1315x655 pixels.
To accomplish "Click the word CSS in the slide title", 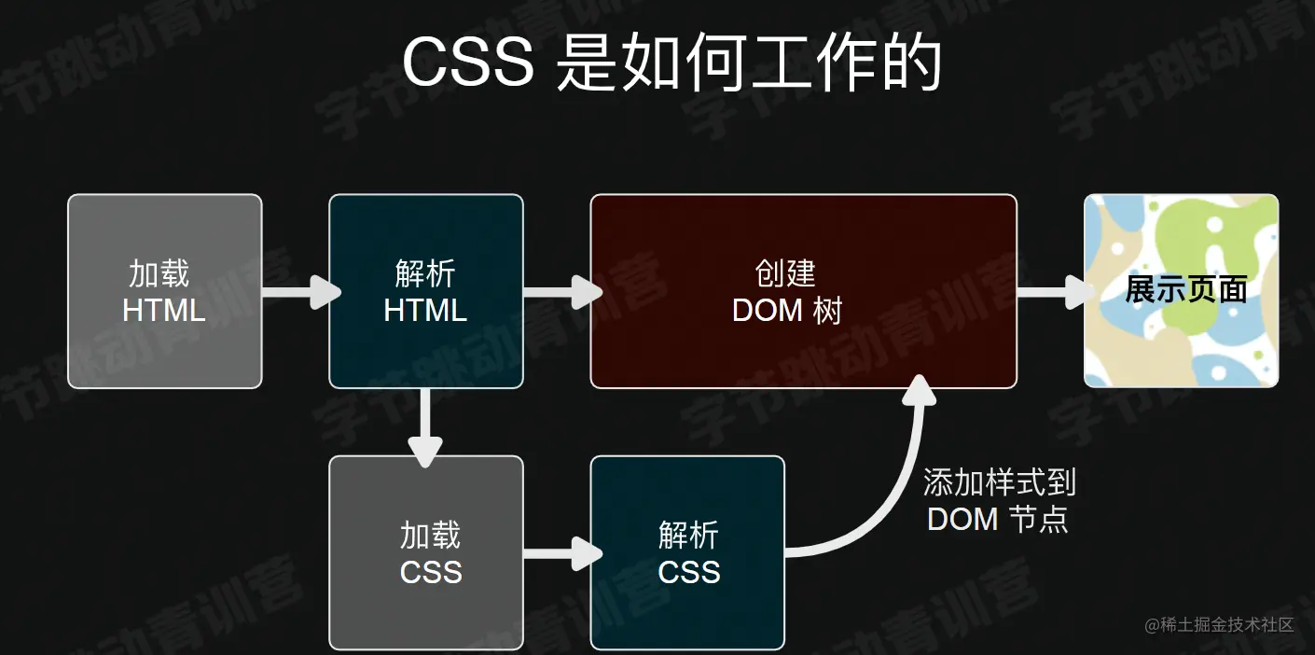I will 467,63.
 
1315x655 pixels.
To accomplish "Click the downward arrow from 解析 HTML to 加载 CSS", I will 426,425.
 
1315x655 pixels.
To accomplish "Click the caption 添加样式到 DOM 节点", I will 999,501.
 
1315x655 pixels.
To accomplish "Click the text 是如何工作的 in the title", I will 748,63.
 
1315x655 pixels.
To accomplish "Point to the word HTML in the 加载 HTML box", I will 164,310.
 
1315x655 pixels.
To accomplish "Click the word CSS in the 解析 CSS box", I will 689,572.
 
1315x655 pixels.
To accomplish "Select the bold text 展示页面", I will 1186,289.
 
